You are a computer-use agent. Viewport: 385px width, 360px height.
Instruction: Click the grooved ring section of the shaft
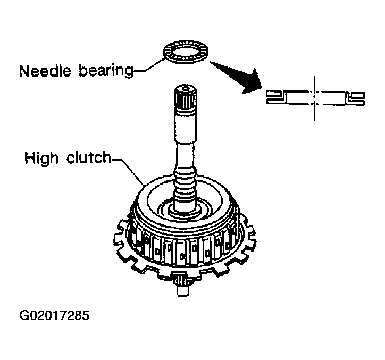click(x=186, y=183)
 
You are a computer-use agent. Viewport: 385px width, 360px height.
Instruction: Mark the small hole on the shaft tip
click(x=184, y=87)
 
